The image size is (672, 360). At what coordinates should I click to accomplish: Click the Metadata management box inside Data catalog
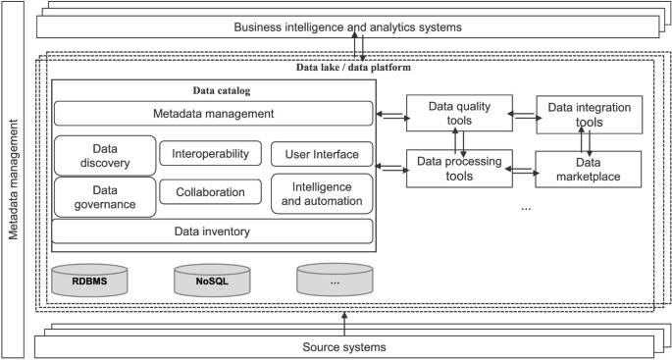coord(212,114)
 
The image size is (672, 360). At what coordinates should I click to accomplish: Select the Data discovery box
coord(104,155)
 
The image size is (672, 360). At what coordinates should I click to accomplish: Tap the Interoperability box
coord(210,153)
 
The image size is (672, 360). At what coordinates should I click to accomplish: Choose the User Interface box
coord(321,154)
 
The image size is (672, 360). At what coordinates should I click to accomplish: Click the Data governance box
coord(104,196)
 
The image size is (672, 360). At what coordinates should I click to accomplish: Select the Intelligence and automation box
coord(321,193)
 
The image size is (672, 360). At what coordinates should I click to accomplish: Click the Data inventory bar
coord(212,231)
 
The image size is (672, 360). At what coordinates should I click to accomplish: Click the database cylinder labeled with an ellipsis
coord(334,280)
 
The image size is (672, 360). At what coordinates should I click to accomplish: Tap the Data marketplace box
coord(589,169)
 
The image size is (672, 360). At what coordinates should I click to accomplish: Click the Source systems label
coord(342,347)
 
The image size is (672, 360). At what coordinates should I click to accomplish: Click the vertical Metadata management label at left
coord(14,182)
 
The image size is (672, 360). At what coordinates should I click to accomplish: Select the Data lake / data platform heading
coord(353,67)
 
